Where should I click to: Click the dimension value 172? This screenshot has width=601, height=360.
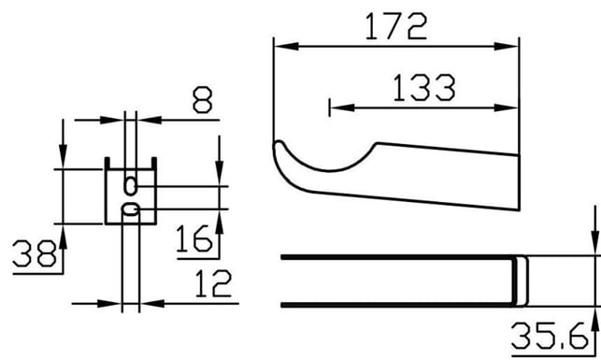point(396,26)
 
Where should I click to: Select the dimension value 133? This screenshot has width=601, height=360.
point(424,87)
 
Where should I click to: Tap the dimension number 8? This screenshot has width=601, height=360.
point(203,100)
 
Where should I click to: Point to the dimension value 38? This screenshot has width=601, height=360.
point(35,253)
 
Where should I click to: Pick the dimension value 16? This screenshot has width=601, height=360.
point(193,238)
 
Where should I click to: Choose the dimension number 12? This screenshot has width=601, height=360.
point(213,283)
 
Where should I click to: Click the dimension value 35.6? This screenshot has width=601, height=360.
point(550,336)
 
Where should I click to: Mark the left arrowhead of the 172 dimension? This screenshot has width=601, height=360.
point(286,47)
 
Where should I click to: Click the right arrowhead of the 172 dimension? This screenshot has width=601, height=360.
point(507,47)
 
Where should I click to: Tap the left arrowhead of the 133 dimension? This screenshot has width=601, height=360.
point(342,108)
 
